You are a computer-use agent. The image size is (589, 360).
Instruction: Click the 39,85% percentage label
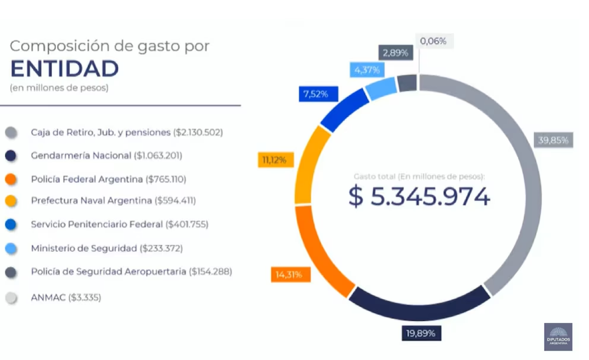(x=553, y=141)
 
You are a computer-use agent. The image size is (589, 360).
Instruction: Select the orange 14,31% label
(x=289, y=274)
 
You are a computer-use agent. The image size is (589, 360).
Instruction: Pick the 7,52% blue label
(x=315, y=94)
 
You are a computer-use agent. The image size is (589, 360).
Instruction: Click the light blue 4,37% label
(x=367, y=70)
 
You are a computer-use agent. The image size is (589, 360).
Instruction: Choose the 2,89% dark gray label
(x=395, y=53)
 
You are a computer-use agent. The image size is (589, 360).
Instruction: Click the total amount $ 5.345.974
(x=419, y=197)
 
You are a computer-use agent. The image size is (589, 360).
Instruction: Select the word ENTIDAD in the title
(x=65, y=69)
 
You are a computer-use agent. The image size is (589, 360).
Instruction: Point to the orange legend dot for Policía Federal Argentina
(x=11, y=179)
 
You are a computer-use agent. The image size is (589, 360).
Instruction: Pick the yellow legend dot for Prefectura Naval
(x=11, y=201)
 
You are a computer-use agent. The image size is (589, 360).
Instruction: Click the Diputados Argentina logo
(x=558, y=337)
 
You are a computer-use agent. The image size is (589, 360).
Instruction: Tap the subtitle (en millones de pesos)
(x=59, y=89)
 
